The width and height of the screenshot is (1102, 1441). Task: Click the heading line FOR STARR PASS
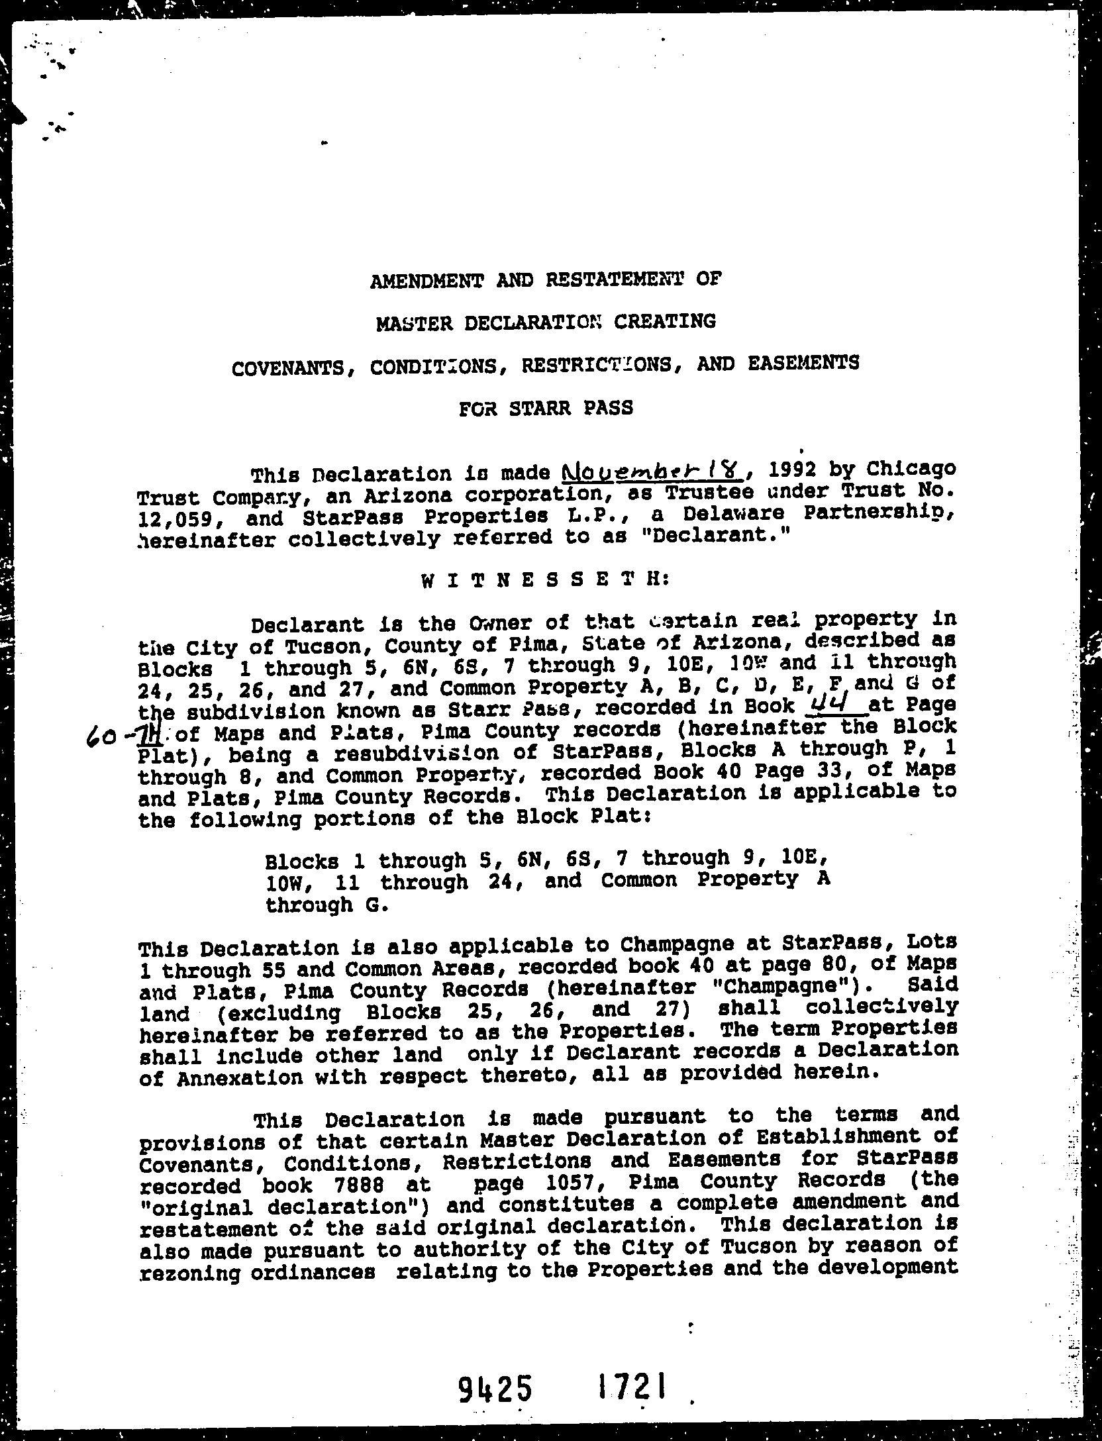tap(546, 409)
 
